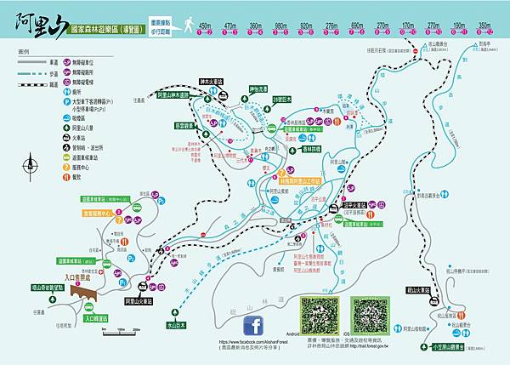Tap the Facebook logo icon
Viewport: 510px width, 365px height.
click(x=253, y=327)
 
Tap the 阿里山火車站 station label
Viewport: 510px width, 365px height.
click(x=142, y=301)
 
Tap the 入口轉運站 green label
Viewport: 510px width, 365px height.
click(x=101, y=318)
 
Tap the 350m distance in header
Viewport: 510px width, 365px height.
click(x=484, y=26)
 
